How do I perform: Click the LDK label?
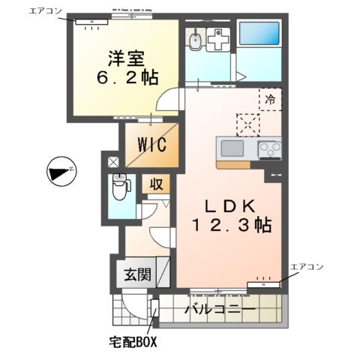(x=222, y=205)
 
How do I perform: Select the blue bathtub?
(x=259, y=34)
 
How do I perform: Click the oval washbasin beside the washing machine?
(x=195, y=37)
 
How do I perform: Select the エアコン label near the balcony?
(x=307, y=267)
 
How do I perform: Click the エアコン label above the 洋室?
(x=46, y=10)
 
